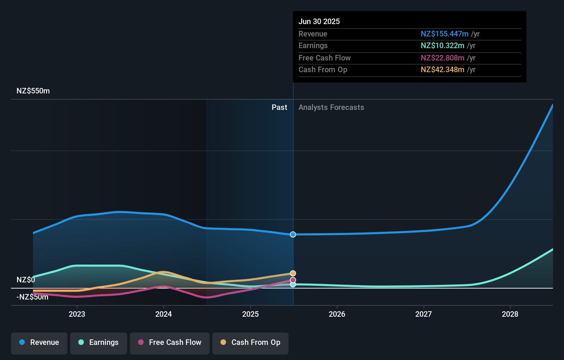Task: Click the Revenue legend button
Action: [x=39, y=342]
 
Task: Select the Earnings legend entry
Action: [x=99, y=342]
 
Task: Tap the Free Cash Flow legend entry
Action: [x=170, y=342]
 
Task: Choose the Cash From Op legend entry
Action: [x=250, y=342]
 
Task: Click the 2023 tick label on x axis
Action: [x=77, y=314]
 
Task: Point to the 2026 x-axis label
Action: [x=337, y=314]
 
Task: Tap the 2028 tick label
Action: [x=510, y=314]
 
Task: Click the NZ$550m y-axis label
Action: [x=33, y=91]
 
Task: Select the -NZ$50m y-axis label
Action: [x=32, y=297]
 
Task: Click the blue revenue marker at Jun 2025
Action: [x=293, y=235]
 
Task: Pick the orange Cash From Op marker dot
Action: [x=293, y=273]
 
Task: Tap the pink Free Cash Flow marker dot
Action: [x=293, y=280]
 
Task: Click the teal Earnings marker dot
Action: [x=293, y=284]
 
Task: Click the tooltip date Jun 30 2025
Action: [x=319, y=22]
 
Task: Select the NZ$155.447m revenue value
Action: [x=444, y=34]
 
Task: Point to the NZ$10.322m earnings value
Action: [x=442, y=46]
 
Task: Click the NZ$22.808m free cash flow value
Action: [x=442, y=58]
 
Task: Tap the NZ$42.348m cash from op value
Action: [x=442, y=70]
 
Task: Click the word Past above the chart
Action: [x=279, y=108]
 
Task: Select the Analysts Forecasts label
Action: [x=331, y=108]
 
